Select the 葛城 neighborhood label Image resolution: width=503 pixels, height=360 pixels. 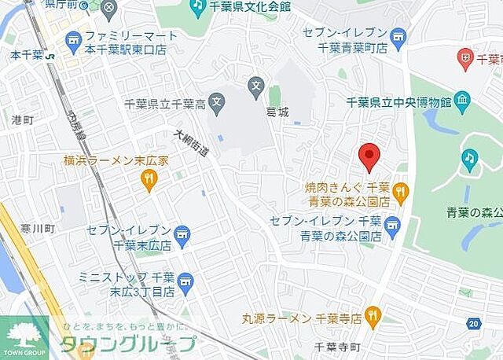pyautogui.click(x=277, y=112)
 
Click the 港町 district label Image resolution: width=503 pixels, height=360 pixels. pyautogui.click(x=23, y=119)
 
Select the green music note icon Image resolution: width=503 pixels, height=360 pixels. pyautogui.click(x=470, y=159)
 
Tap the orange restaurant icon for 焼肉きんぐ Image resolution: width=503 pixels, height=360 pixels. pyautogui.click(x=401, y=189)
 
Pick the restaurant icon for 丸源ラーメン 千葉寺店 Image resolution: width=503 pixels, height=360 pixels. pyautogui.click(x=373, y=317)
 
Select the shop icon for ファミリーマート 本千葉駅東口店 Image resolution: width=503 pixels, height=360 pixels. pyautogui.click(x=74, y=39)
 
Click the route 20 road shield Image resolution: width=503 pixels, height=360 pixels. pyautogui.click(x=472, y=322)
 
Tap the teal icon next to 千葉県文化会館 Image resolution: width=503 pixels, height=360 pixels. pyautogui.click(x=198, y=7)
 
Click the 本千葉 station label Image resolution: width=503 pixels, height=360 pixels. pyautogui.click(x=27, y=57)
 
